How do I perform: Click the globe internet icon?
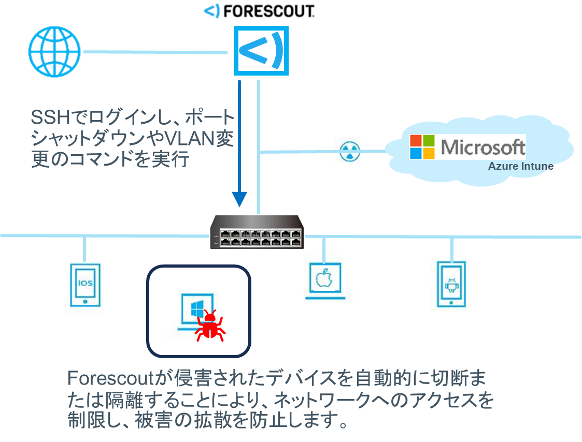[x=54, y=52]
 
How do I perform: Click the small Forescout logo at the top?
[x=212, y=10]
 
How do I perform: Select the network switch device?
[x=257, y=232]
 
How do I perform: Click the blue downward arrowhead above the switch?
[x=239, y=200]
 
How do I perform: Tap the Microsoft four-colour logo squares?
[x=422, y=147]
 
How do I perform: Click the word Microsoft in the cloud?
[x=482, y=147]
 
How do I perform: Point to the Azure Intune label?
[x=520, y=166]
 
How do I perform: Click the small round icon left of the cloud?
[x=349, y=151]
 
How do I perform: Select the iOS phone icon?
[x=86, y=284]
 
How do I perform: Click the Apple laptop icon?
[x=323, y=280]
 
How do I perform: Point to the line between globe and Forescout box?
[x=155, y=52]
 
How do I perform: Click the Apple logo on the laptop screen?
[x=323, y=277]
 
